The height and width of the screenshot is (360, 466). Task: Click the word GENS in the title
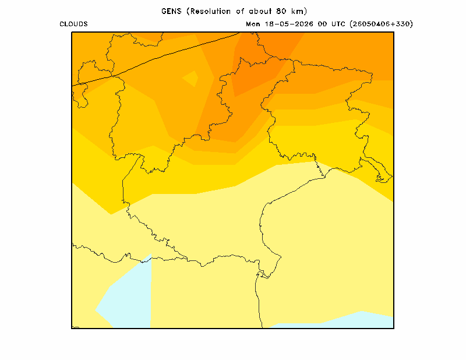point(171,11)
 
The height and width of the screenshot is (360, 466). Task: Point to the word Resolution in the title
point(210,11)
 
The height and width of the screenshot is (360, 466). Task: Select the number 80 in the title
point(281,11)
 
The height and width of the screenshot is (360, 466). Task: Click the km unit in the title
point(298,11)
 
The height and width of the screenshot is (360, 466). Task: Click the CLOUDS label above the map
point(74,24)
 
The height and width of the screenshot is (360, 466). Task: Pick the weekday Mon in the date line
point(253,24)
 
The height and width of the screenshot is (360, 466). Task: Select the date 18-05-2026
point(289,24)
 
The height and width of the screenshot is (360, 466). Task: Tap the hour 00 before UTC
point(323,24)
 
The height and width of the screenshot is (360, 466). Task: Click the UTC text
point(338,24)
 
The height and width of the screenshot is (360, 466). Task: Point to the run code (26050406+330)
point(382,24)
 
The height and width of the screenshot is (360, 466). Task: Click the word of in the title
point(240,11)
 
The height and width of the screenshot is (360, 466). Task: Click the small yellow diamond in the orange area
point(190,79)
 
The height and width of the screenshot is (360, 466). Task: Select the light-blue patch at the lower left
point(128,294)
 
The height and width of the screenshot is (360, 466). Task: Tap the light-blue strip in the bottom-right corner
point(342,320)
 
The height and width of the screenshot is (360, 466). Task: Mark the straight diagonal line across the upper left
point(156,59)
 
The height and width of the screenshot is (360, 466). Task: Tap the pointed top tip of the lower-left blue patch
point(151,253)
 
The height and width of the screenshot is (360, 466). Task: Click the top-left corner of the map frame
point(72,32)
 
